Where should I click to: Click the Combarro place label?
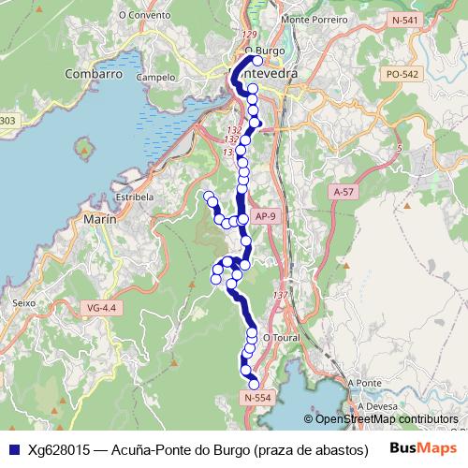[x=94, y=73]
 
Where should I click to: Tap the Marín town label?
[x=99, y=218]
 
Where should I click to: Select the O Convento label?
[x=145, y=16]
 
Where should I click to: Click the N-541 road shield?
[x=405, y=20]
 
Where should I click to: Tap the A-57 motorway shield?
[x=344, y=191]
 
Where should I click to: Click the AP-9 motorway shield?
[x=266, y=217]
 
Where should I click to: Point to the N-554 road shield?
[x=256, y=398]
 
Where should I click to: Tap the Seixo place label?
[x=23, y=302]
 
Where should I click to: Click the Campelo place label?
[x=154, y=78]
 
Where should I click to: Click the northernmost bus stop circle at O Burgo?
[x=257, y=36]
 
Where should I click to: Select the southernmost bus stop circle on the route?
[x=254, y=383]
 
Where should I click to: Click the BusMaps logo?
[x=423, y=448]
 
